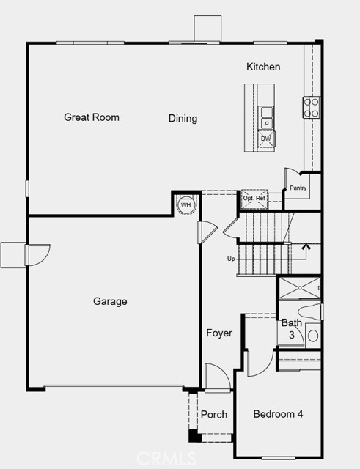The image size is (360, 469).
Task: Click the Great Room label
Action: (x=91, y=117)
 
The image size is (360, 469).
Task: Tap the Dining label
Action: (x=183, y=119)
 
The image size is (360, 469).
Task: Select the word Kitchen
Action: (x=262, y=67)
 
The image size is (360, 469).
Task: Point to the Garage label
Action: (x=110, y=301)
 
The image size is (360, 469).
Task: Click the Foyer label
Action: (x=218, y=333)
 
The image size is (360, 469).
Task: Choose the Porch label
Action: (x=214, y=415)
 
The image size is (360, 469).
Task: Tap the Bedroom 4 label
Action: (x=278, y=415)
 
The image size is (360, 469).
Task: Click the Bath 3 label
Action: (x=291, y=328)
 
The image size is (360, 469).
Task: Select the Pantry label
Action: (x=298, y=188)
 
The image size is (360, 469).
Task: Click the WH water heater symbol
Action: (x=186, y=204)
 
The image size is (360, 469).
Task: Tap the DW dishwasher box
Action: (x=266, y=138)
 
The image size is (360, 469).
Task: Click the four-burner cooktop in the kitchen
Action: (x=312, y=108)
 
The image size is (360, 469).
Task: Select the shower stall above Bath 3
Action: (x=298, y=289)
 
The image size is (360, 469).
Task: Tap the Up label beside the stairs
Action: (x=231, y=259)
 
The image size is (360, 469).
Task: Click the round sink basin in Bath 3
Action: (x=313, y=336)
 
